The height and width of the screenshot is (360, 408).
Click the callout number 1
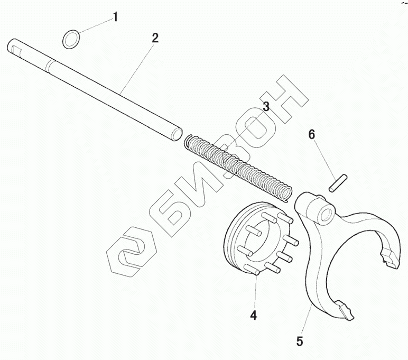(x=115, y=17)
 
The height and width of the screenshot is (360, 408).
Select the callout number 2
(x=154, y=38)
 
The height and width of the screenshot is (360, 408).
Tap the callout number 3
(x=266, y=107)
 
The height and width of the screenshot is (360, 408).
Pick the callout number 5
(x=300, y=341)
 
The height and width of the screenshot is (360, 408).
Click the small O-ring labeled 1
(x=71, y=39)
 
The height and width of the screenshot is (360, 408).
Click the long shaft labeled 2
(x=95, y=87)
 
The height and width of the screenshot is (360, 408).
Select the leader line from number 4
(x=255, y=291)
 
